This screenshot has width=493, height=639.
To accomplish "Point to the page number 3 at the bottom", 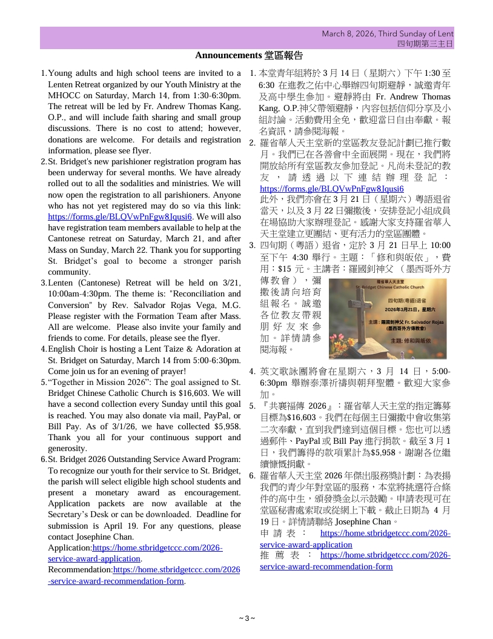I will coord(247,618).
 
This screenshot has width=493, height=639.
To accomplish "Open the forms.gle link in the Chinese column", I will coord(331,189).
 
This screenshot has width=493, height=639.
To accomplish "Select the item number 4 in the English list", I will coord(43,349).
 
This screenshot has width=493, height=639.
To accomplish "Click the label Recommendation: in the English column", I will coord(80,570).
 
